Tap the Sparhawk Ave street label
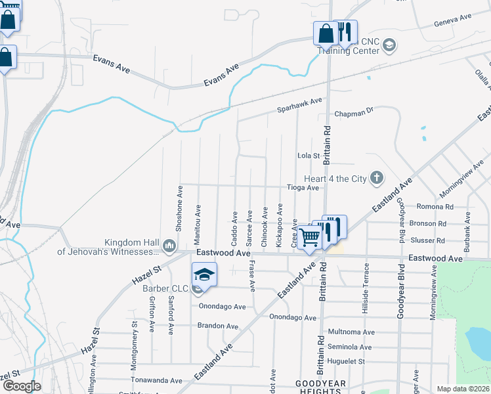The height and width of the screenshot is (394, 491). [299, 102]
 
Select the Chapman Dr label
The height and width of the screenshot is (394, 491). [353, 112]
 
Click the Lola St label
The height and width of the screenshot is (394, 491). [308, 156]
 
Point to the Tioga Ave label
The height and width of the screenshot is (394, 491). [303, 187]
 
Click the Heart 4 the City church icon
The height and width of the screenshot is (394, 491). [377, 177]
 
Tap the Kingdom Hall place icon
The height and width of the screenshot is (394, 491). [169, 246]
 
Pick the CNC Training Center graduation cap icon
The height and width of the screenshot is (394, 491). [389, 45]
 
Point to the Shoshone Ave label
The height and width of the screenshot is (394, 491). [179, 208]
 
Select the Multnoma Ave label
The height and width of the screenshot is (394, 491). [351, 333]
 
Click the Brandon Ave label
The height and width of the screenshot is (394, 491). [219, 326]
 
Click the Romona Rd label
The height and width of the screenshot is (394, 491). [431, 206]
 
